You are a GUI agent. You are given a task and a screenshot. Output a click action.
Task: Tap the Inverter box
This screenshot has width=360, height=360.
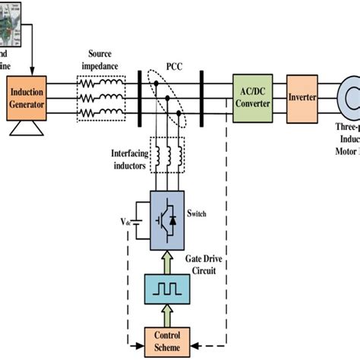(302, 99)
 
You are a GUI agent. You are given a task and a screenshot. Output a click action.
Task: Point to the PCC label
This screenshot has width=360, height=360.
(175, 67)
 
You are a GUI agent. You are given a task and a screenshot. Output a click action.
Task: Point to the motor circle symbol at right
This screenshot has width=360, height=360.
(346, 99)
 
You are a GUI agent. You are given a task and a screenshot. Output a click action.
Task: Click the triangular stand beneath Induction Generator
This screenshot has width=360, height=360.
(27, 131)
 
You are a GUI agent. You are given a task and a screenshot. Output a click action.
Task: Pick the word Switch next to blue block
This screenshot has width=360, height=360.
(195, 213)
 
